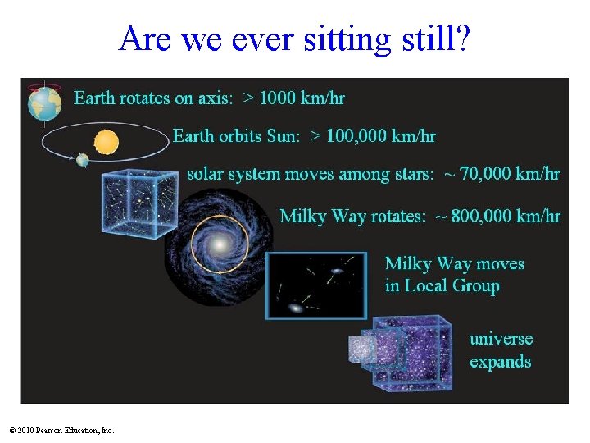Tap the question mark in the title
(x=462, y=39)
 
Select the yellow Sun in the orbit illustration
(x=107, y=143)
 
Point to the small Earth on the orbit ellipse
(x=83, y=160)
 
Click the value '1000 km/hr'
(x=302, y=98)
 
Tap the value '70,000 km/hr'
(x=510, y=174)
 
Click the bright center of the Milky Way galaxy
(x=220, y=245)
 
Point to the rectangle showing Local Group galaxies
(x=317, y=285)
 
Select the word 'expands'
(x=500, y=362)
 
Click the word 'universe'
(x=501, y=339)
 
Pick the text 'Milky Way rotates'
(x=352, y=216)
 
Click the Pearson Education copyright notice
(x=61, y=430)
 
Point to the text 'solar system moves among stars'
(x=311, y=174)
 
